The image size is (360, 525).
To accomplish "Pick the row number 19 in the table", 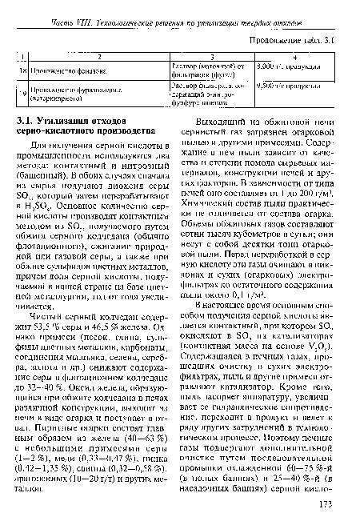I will click(x=23, y=91).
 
